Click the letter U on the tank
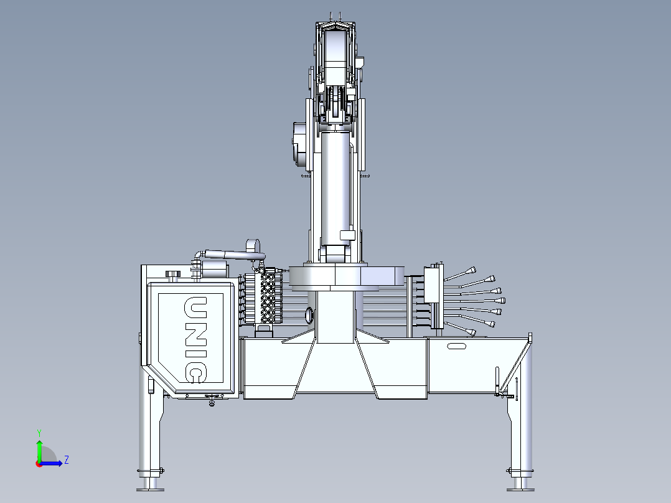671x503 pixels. pos(195,307)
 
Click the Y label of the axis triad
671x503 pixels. pos(39,431)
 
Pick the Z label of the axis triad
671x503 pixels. pos(66,460)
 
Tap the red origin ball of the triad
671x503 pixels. pos(39,463)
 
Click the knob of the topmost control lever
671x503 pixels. pos(473,270)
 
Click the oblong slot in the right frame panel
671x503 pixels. pos(457,346)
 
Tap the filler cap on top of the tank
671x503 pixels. pos(172,274)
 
